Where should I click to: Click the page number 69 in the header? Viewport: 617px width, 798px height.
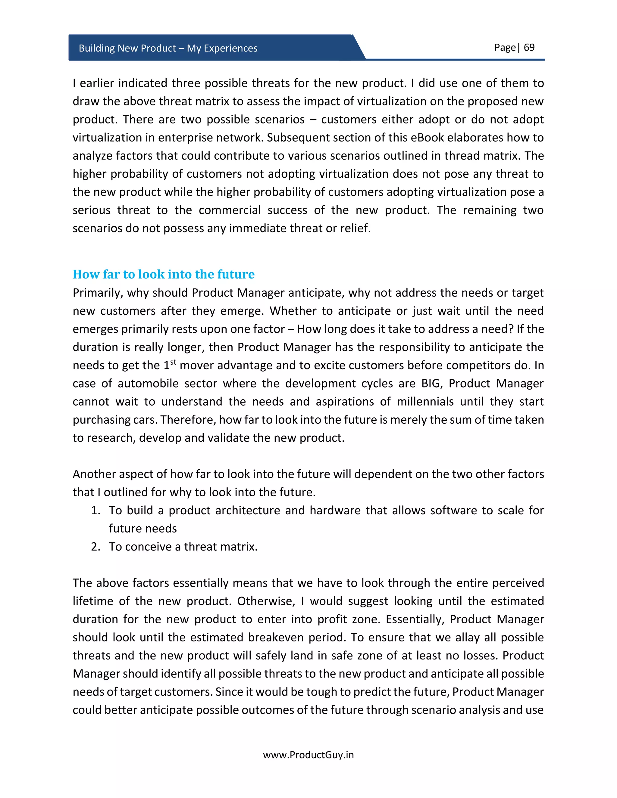coord(529,48)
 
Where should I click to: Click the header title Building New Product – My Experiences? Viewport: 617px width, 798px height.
coord(168,48)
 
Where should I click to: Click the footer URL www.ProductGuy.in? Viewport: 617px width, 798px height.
coord(308,755)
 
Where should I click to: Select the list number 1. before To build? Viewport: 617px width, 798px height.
coord(96,510)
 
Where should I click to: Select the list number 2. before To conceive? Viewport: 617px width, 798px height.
coord(96,547)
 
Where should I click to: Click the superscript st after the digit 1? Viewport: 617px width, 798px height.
coord(173,362)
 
